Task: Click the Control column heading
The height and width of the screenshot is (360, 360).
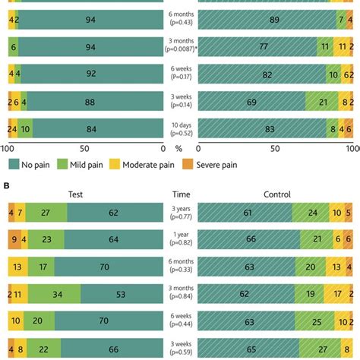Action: click(x=276, y=194)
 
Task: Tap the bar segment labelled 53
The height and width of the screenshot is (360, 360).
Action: click(x=122, y=296)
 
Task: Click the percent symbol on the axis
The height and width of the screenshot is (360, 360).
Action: click(x=180, y=150)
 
